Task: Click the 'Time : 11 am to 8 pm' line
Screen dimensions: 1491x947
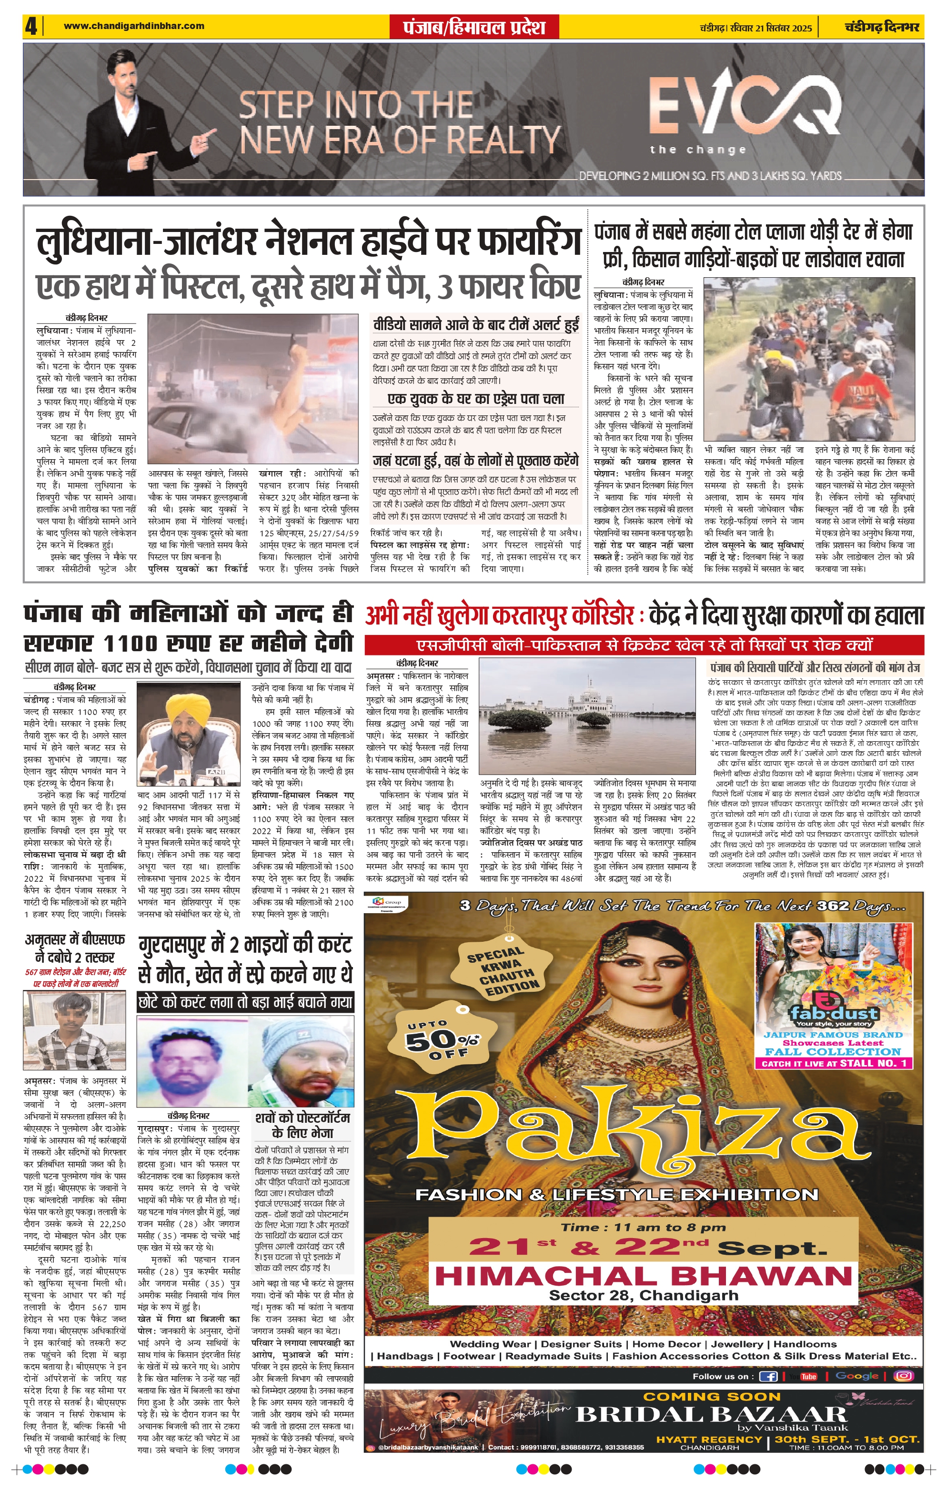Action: (x=644, y=1227)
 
